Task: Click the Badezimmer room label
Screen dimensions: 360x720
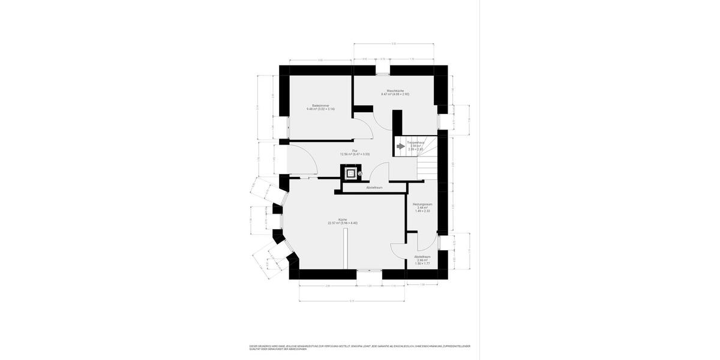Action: point(320,106)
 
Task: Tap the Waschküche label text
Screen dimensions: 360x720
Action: point(395,91)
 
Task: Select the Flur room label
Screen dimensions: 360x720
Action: point(355,150)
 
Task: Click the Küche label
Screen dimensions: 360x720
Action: point(342,219)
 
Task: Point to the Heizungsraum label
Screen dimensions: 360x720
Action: point(422,205)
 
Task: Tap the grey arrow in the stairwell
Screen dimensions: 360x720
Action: point(401,145)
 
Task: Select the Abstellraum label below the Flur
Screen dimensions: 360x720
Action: point(374,187)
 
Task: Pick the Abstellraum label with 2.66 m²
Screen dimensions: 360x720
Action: point(422,256)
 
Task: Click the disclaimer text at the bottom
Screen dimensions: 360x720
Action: point(360,347)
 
